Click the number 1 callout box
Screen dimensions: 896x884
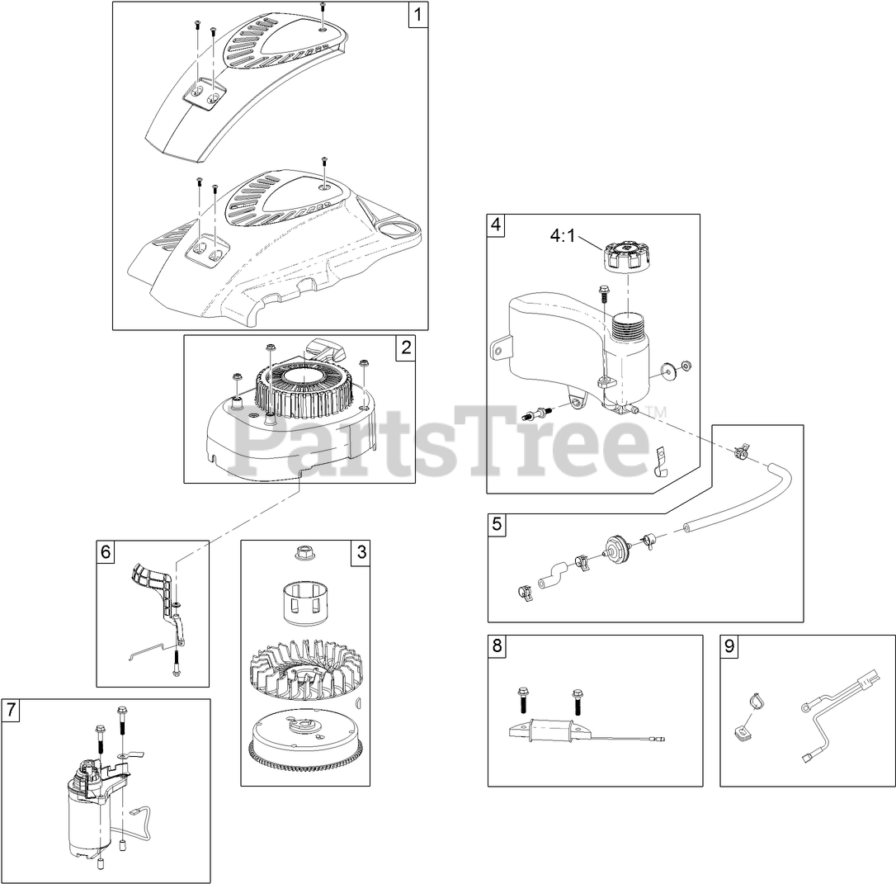pyautogui.click(x=418, y=14)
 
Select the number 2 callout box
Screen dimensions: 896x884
pyautogui.click(x=406, y=347)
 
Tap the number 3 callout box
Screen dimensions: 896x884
pyautogui.click(x=361, y=552)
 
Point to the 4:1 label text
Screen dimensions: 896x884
pyautogui.click(x=563, y=235)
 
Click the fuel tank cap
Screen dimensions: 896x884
pyautogui.click(x=627, y=259)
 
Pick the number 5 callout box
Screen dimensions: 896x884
pyautogui.click(x=497, y=524)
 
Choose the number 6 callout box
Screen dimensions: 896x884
pyautogui.click(x=106, y=552)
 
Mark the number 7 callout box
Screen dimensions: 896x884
pyautogui.click(x=10, y=710)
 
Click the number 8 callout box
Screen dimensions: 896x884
pyautogui.click(x=498, y=645)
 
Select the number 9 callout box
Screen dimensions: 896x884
pyautogui.click(x=729, y=645)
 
